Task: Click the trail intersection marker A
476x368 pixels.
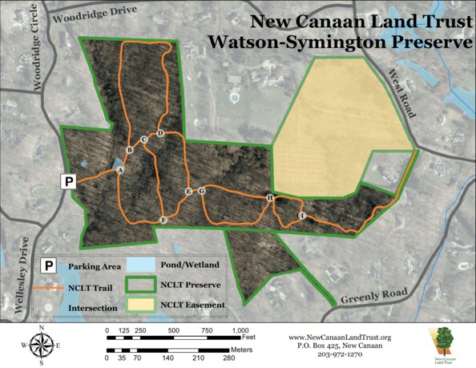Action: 120,170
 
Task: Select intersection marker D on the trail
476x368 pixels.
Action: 160,133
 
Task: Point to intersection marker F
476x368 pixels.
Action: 163,220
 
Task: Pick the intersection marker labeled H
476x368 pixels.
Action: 270,197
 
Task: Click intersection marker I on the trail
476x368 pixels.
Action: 302,216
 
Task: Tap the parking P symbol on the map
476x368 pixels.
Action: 69,182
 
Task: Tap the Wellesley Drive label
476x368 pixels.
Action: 21,273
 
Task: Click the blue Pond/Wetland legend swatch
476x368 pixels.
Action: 144,265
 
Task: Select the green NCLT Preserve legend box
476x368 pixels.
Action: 144,285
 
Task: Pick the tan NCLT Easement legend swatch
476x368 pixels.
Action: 144,305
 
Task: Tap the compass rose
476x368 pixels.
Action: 42,346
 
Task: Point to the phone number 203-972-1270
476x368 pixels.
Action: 338,354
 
